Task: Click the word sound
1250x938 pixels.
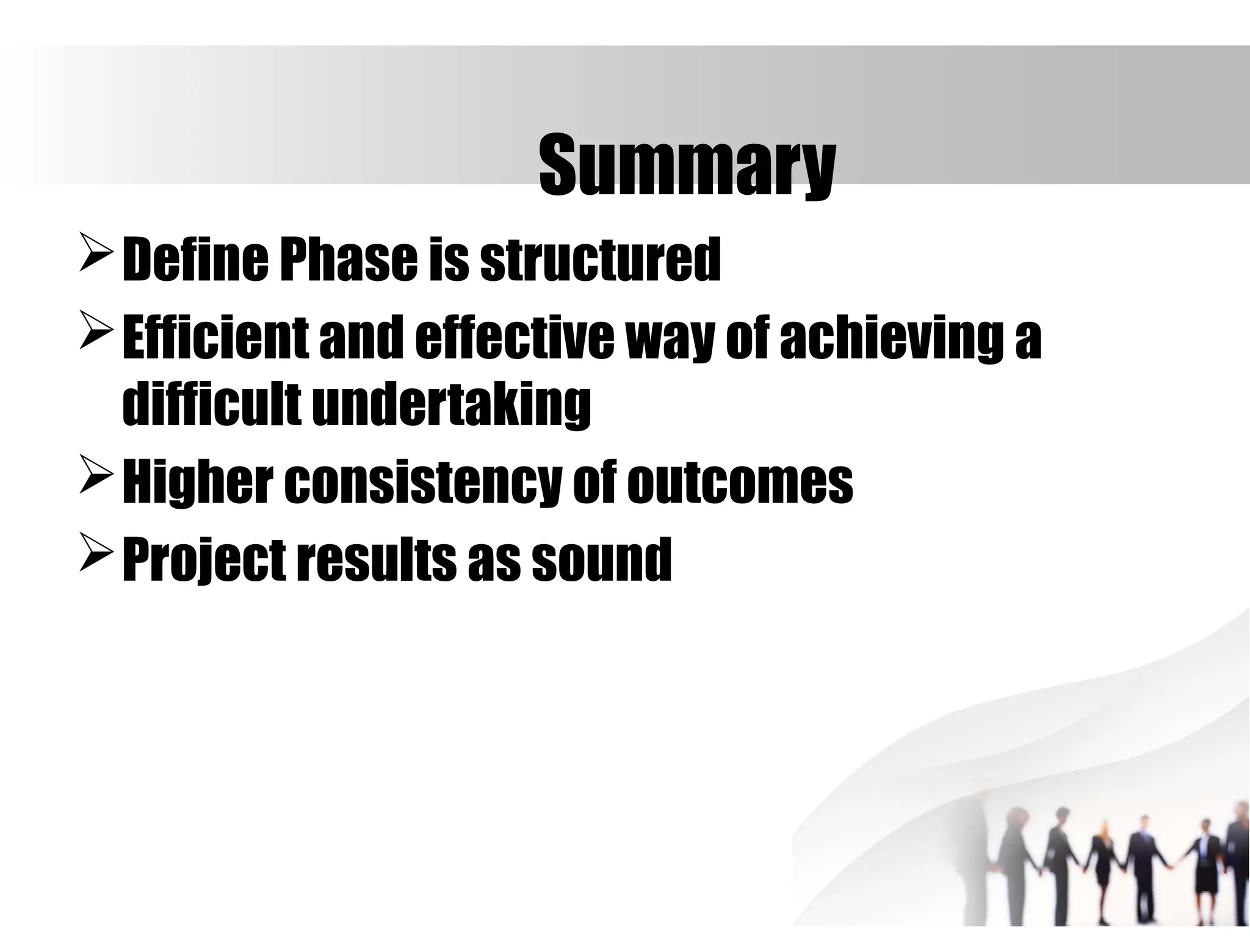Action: click(x=601, y=559)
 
